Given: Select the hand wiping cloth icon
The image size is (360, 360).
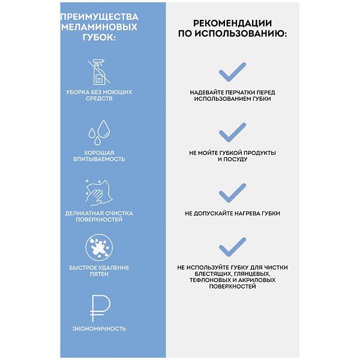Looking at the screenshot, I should coord(99,192).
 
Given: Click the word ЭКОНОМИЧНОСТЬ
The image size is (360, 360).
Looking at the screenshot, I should coord(99,329).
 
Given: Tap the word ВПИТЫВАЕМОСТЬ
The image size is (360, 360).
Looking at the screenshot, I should coord(99,159).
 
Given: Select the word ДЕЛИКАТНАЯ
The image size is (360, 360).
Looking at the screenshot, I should coord(83,213).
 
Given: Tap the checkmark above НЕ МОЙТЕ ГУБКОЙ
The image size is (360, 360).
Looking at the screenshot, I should coord(232,131).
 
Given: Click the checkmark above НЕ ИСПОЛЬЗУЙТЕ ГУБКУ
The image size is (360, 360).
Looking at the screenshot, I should coord(232,246).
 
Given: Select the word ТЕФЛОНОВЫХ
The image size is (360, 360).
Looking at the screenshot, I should coord(207,280).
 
